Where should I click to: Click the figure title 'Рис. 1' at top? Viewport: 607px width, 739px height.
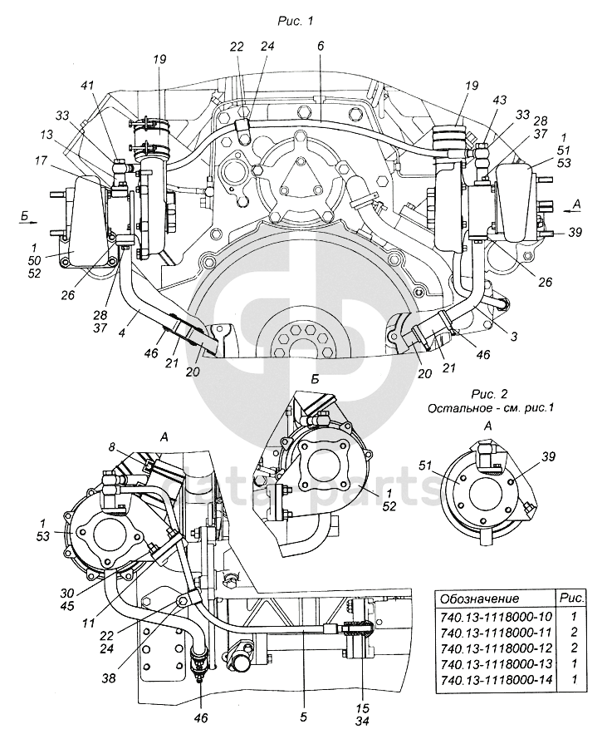296,22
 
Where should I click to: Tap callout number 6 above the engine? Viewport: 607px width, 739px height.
321,47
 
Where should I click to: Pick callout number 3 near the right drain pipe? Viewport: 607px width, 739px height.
514,337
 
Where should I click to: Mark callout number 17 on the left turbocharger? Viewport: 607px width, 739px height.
41,160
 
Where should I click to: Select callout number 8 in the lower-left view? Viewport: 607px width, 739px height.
111,447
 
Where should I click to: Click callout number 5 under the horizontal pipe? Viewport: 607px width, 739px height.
304,717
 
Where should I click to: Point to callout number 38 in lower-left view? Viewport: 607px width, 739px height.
110,677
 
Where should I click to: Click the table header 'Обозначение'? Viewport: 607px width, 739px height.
479,599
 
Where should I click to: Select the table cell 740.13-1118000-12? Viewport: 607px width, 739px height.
496,648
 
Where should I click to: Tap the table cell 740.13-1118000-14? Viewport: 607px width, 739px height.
496,680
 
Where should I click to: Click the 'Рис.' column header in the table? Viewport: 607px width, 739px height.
572,598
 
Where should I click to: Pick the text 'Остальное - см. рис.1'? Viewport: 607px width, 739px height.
490,408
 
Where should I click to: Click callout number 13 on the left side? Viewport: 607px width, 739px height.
47,135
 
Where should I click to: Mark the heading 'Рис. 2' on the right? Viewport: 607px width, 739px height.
490,393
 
